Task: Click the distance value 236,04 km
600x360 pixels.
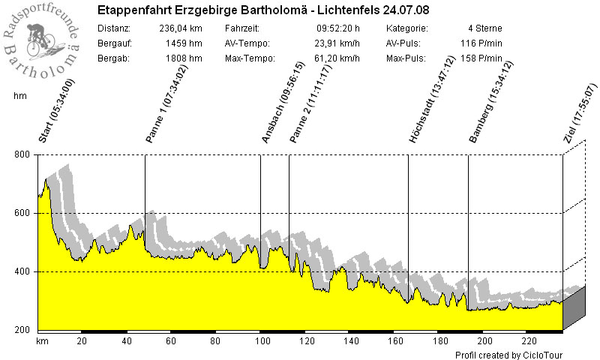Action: click(181, 28)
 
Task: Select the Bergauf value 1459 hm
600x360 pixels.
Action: click(183, 43)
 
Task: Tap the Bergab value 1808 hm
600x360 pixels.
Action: click(183, 58)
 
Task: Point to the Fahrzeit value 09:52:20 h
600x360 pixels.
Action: click(338, 28)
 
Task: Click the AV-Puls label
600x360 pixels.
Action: click(405, 43)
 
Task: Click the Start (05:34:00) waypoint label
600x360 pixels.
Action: click(57, 111)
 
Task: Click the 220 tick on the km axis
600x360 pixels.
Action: click(528, 340)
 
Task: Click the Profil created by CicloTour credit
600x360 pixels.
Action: click(508, 354)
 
